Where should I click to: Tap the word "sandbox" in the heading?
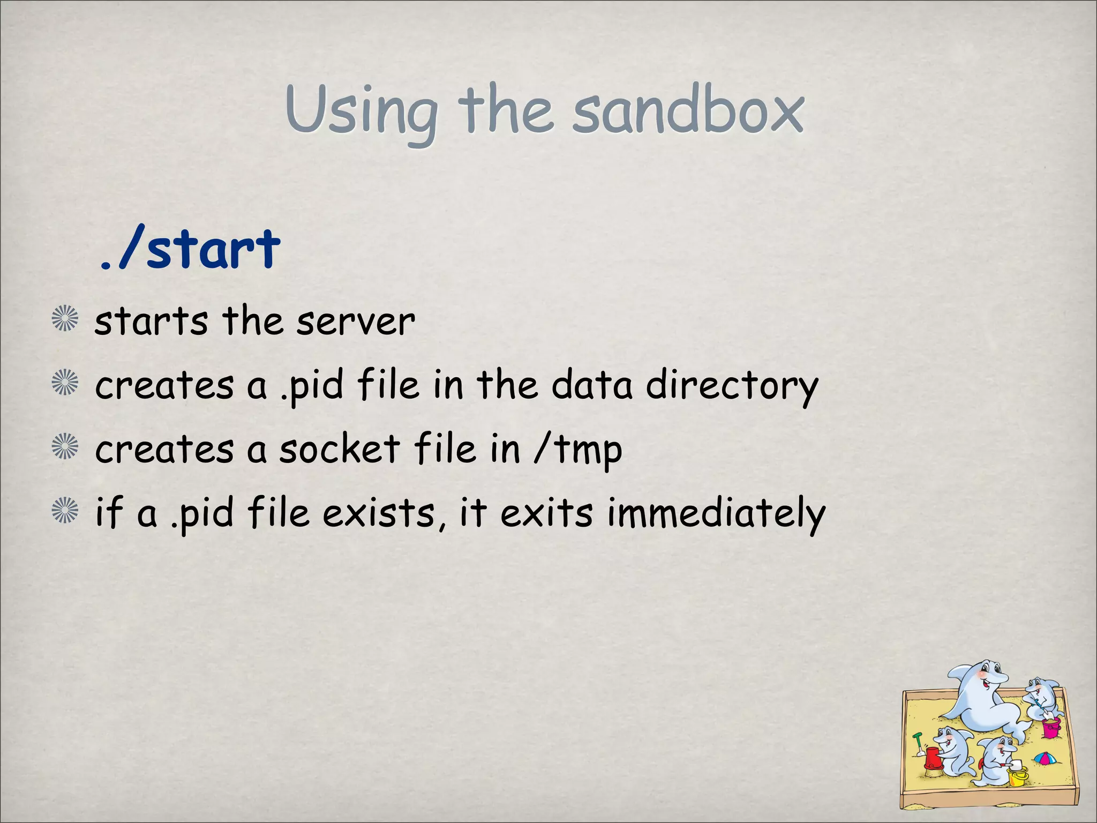[x=688, y=110]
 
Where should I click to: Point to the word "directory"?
[x=732, y=386]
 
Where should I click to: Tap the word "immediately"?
[x=716, y=513]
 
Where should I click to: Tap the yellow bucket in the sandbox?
[x=1018, y=775]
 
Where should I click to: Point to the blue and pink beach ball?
[x=1045, y=758]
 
